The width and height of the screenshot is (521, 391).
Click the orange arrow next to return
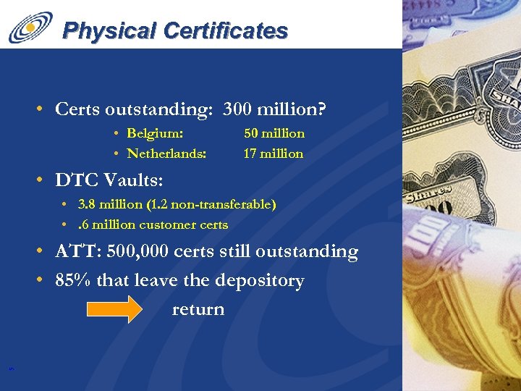coord(115,309)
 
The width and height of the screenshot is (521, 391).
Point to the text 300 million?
coord(275,109)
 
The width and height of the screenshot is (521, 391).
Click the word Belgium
coord(154,133)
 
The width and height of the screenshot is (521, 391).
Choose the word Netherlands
coord(166,154)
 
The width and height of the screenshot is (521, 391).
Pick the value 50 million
coord(274,133)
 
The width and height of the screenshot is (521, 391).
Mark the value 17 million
coord(274,154)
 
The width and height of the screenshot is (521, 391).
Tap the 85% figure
coord(72,280)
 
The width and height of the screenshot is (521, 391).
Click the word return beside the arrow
coord(198,309)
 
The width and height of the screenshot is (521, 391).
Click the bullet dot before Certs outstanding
coord(44,110)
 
